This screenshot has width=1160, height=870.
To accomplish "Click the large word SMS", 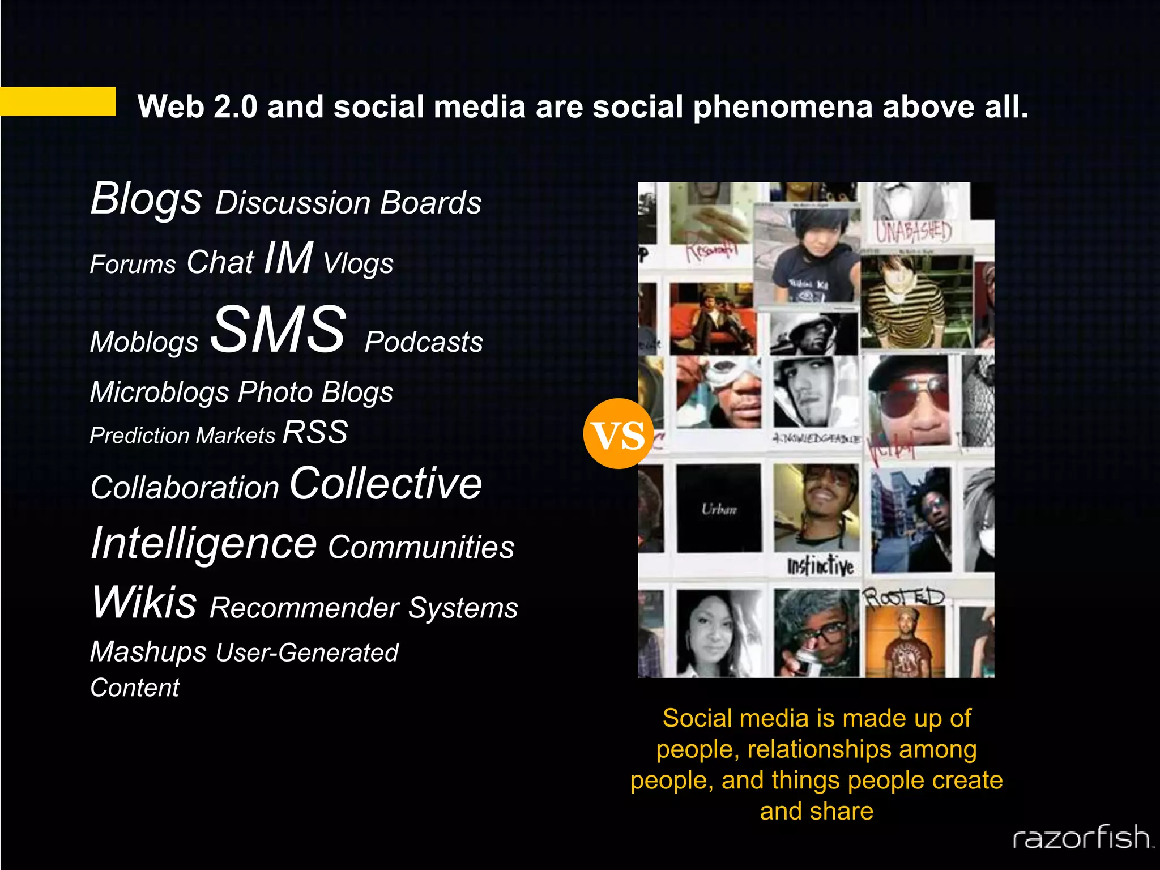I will [x=278, y=329].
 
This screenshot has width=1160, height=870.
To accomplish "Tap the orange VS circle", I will [x=618, y=434].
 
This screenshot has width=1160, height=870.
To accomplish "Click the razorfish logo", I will [x=1082, y=837].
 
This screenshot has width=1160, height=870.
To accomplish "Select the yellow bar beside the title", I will [x=58, y=101].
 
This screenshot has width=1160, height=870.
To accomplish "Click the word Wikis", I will [x=144, y=602].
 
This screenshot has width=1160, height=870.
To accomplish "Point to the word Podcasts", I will [x=424, y=342].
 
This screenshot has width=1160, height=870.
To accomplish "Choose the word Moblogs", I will [x=144, y=342].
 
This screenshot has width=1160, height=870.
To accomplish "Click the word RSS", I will [x=315, y=433].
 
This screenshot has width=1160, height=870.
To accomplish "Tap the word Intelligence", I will [x=203, y=543].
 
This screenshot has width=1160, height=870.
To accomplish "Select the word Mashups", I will [x=148, y=652].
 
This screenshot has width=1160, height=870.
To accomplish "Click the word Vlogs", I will [x=358, y=263].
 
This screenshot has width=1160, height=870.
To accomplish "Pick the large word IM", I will [x=288, y=258].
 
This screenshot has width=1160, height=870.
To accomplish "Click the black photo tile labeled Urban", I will [x=719, y=509].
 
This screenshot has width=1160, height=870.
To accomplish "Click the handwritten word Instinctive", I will [x=820, y=566].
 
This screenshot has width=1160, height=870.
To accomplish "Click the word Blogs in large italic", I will [x=146, y=199].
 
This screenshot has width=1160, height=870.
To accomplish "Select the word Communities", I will [x=421, y=547].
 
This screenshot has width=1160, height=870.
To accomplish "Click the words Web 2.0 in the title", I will [x=197, y=106].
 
